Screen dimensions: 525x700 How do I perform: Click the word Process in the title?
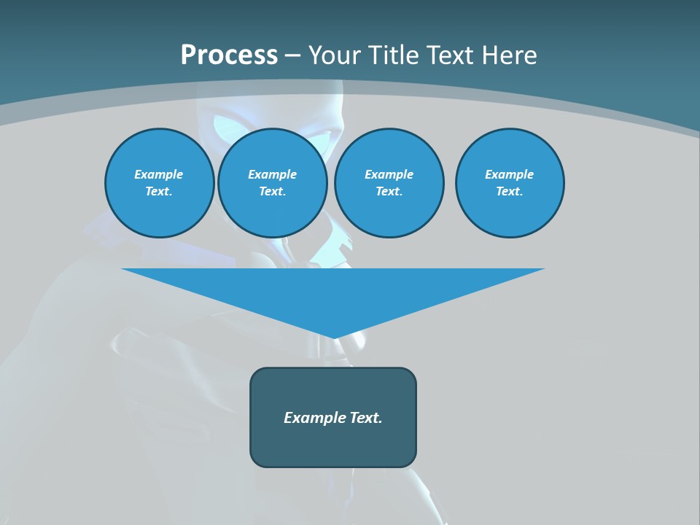coord(229,55)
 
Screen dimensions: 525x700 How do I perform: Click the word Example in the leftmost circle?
coord(159,174)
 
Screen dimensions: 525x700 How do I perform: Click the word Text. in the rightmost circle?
coord(509,192)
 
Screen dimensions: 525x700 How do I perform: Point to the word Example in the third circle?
coord(389,174)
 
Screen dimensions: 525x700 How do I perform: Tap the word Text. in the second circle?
coord(272,192)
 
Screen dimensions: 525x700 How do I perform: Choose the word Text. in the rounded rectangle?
coord(367,418)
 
